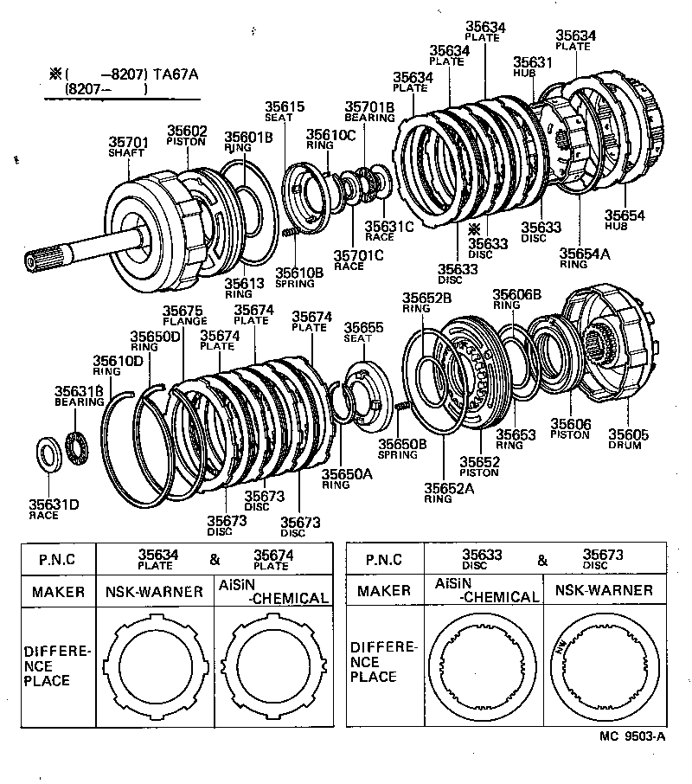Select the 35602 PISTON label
coord(187,134)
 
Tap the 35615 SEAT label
coord(285,112)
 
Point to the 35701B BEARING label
coord(369,111)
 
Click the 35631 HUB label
coord(532,67)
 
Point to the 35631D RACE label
coord(54,509)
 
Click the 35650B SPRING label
coord(402,448)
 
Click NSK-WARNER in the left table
coord(154,592)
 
